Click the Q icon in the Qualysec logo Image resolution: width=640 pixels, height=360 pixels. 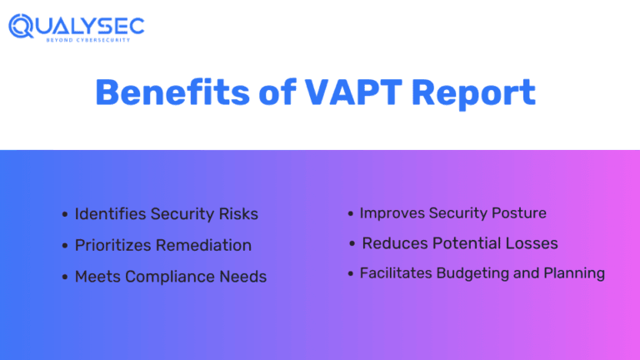(22, 26)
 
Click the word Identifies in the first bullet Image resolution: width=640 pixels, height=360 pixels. (110, 214)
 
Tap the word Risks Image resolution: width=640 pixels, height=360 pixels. (238, 214)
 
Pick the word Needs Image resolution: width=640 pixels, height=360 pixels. (244, 277)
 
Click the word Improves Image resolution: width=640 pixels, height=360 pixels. (392, 213)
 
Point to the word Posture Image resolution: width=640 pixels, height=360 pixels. (518, 213)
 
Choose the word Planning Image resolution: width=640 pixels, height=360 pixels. (574, 273)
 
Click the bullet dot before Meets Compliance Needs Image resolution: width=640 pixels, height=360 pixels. (65, 277)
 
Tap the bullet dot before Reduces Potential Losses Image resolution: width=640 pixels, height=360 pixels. (353, 244)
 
